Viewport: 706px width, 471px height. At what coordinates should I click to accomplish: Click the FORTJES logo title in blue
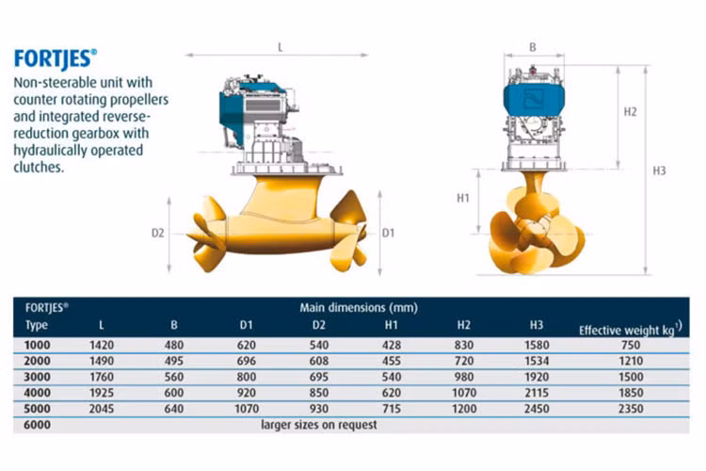click(56, 59)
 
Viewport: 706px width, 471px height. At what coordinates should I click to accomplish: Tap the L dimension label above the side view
click(281, 47)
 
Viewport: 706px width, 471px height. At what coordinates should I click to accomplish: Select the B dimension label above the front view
click(533, 47)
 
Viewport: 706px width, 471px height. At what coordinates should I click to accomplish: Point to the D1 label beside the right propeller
click(388, 233)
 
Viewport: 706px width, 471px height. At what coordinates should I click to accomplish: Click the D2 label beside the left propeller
click(157, 233)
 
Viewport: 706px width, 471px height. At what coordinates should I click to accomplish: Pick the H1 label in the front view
click(463, 198)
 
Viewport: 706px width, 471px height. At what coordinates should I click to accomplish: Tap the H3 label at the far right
click(659, 171)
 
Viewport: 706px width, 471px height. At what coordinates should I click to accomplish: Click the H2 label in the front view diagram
click(631, 112)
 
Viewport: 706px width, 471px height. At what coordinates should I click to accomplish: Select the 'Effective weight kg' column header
click(631, 330)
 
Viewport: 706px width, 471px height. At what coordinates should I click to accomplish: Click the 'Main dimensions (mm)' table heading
click(359, 308)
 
